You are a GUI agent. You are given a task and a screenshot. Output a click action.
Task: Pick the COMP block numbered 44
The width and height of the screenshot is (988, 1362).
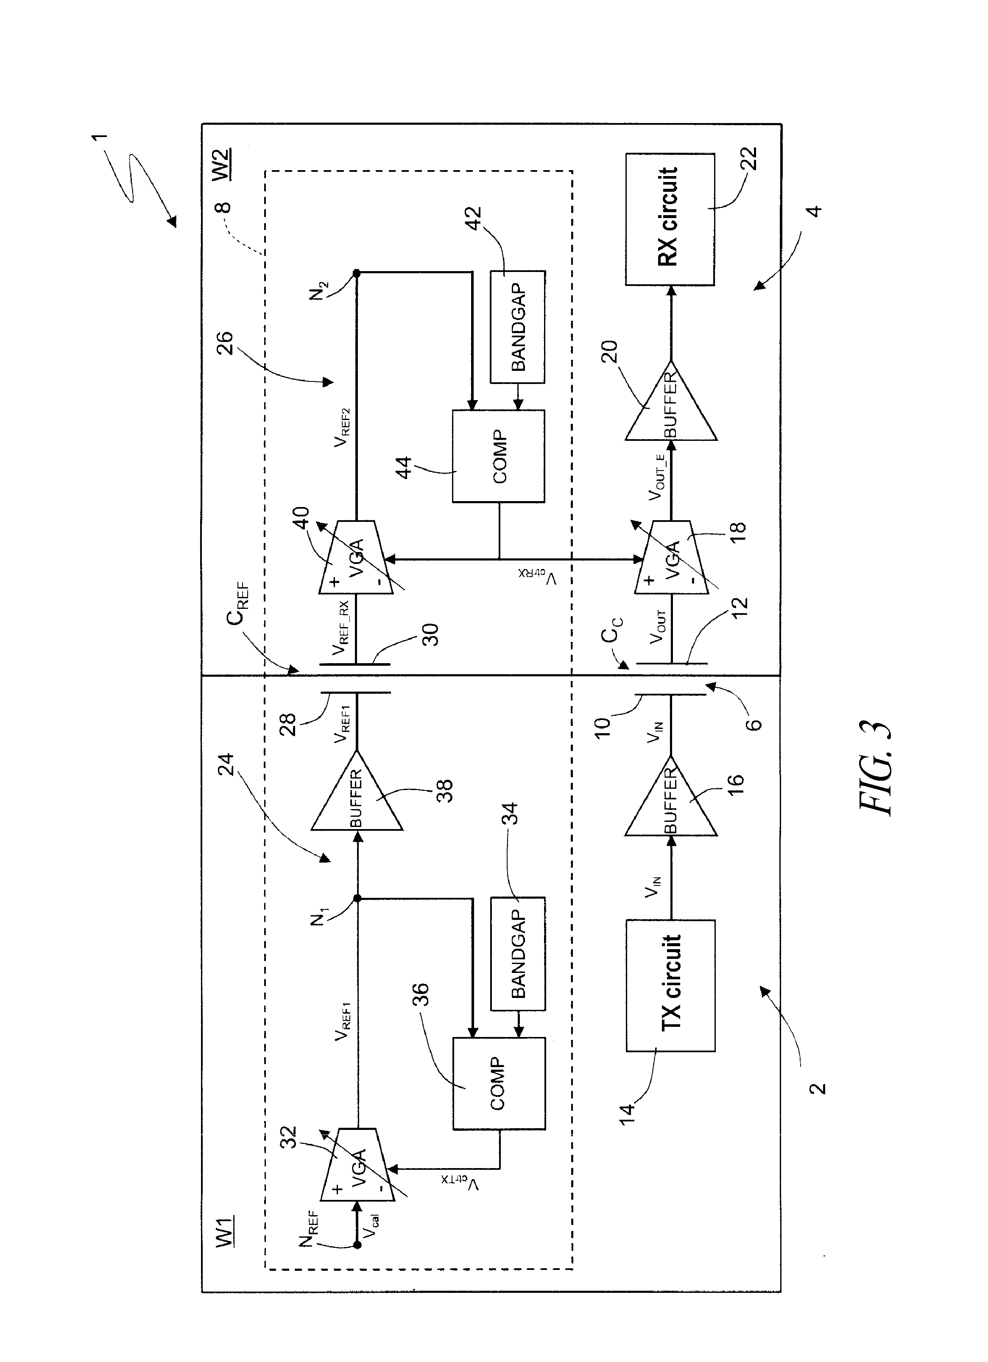[x=498, y=457]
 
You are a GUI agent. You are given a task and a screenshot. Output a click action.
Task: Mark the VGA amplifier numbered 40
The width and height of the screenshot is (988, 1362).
[x=357, y=557]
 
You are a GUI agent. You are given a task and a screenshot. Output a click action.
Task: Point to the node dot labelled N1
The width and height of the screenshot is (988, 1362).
[x=357, y=898]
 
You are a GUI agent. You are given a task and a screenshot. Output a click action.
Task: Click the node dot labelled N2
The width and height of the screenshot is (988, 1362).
[x=357, y=273]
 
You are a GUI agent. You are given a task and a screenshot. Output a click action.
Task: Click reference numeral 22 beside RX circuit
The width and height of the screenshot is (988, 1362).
[x=750, y=159]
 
